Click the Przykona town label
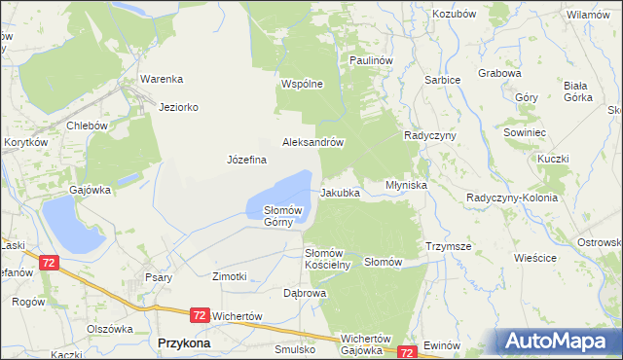tap(180, 342)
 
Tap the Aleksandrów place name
tap(313, 142)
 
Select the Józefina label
tap(246, 160)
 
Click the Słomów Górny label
tap(285, 216)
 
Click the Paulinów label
tap(371, 60)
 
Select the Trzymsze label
tap(448, 247)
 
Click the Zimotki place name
tap(230, 276)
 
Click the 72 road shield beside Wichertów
tap(200, 315)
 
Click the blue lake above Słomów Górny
tap(285, 190)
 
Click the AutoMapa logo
tap(556, 341)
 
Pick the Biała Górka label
tap(578, 90)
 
